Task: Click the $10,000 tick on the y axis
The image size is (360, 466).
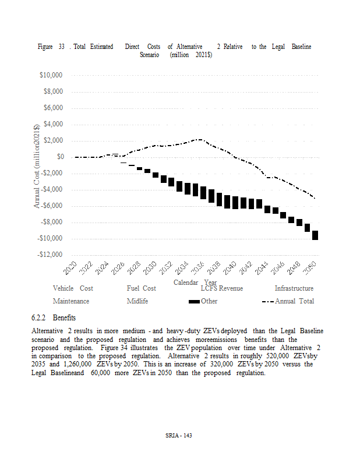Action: [51, 76]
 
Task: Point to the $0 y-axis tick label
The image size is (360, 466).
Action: [60, 157]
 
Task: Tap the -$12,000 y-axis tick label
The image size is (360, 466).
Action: [51, 255]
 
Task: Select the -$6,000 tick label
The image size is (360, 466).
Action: [52, 206]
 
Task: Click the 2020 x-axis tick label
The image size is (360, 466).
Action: [70, 269]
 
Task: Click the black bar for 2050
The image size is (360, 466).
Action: [315, 235]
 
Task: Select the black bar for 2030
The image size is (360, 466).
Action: [156, 175]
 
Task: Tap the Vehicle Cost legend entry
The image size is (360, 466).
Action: [73, 288]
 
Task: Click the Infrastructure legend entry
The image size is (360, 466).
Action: [294, 288]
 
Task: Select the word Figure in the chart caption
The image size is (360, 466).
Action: [45, 46]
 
